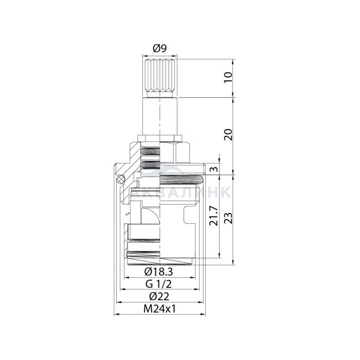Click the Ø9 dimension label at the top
(159, 48)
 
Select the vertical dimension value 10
(228, 77)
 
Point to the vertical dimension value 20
(228, 135)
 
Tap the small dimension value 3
(213, 169)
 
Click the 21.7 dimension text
(214, 215)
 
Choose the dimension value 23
(228, 218)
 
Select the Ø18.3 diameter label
(158, 272)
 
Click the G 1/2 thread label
(158, 284)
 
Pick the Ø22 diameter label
(159, 296)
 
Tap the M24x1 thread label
(159, 309)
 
